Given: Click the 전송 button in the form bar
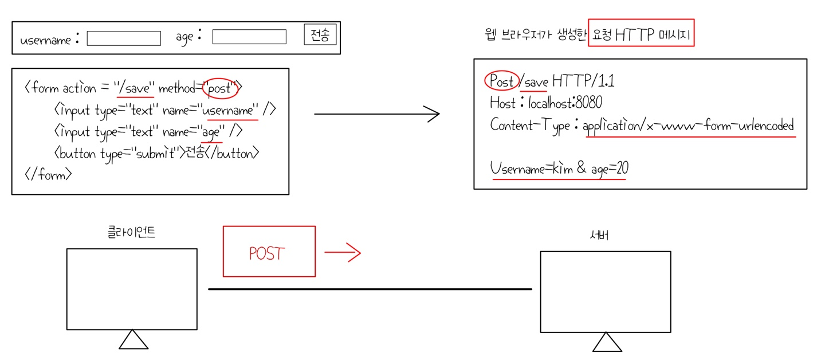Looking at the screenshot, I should (320, 36).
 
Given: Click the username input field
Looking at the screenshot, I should (124, 38).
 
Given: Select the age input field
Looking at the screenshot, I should (249, 37).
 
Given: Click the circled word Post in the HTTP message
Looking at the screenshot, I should (501, 81).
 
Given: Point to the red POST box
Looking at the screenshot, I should (269, 251).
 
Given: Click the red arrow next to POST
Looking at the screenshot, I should (343, 252).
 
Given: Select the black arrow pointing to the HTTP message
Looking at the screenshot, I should (377, 114).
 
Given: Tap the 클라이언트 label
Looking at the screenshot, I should (131, 233).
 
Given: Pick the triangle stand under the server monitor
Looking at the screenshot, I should (607, 342).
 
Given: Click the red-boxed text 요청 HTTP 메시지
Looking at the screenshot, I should (641, 36).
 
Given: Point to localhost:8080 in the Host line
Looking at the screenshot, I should (565, 103).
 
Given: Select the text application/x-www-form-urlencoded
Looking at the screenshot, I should (688, 126).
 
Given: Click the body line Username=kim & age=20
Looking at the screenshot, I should (559, 169).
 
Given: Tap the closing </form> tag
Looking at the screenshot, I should (48, 174).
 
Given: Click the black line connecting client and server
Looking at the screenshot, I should (370, 289).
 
